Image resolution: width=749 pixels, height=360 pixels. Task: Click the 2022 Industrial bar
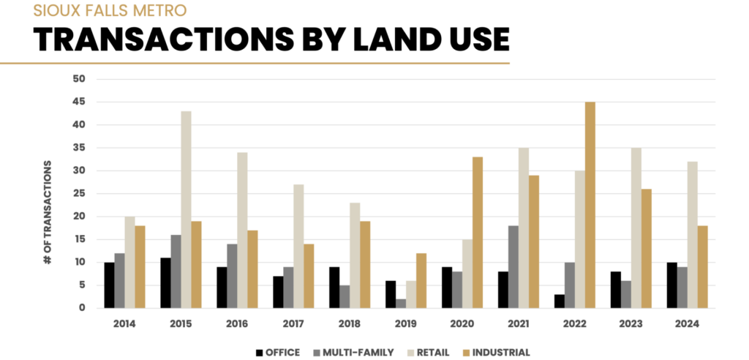click(590, 205)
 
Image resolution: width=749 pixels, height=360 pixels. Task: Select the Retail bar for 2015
click(186, 209)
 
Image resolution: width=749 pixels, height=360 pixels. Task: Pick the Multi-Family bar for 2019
click(401, 303)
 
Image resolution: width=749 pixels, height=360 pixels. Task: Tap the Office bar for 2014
click(109, 285)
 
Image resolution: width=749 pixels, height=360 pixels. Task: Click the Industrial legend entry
click(498, 353)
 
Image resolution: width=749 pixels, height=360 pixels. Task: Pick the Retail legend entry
click(432, 353)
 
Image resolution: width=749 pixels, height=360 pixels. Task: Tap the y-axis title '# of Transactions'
click(48, 212)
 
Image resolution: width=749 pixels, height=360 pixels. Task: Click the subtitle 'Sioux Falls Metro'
click(110, 10)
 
